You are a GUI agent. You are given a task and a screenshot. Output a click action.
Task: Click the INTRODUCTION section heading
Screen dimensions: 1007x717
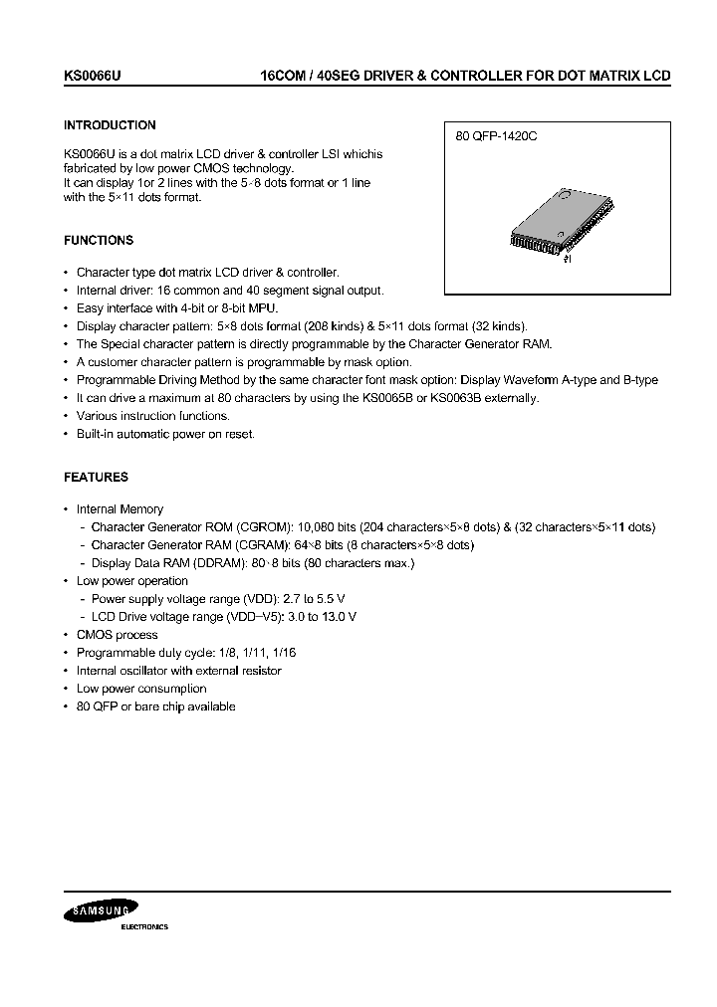tap(110, 125)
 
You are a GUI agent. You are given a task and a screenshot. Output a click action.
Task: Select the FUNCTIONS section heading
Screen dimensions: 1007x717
tap(99, 240)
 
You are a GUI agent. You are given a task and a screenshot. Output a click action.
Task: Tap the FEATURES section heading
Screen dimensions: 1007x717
tap(96, 477)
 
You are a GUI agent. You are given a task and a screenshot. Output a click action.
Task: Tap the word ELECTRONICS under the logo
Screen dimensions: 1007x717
tap(144, 926)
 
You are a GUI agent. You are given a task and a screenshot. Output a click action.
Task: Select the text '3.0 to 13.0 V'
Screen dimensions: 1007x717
tap(322, 617)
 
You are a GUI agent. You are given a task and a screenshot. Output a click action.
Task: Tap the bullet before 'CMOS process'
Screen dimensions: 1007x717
tap(66, 635)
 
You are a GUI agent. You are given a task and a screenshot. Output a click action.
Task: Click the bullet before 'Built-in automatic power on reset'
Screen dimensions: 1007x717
tap(66, 434)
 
